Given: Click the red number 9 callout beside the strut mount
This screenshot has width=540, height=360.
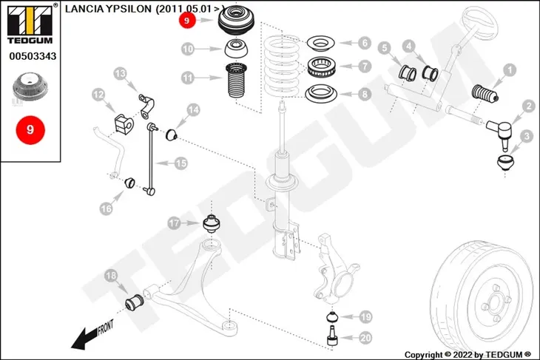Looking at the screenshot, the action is pos(187,20).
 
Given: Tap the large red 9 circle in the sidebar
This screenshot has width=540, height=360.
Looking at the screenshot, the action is pos(30,130).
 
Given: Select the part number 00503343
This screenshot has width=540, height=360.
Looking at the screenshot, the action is pos(33,56).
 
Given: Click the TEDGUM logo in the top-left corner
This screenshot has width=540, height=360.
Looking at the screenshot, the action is pos(30,24).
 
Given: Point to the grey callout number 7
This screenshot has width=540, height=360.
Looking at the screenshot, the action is pos(365,66).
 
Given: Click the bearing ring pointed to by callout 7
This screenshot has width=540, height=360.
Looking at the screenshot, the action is pos(321,67).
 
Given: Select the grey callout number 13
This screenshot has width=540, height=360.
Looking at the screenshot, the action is pos(120,74).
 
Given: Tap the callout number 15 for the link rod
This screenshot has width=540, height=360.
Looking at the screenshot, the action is pos(180,163).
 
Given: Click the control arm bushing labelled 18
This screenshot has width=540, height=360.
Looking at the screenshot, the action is pos(135,302).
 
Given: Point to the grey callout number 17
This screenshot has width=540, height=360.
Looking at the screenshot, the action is pos(175,223).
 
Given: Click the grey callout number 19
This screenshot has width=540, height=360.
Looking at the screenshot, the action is pos(365,316).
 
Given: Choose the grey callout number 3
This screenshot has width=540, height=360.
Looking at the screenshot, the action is pos(527,136).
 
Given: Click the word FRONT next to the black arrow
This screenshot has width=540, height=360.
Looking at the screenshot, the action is pos(105,327).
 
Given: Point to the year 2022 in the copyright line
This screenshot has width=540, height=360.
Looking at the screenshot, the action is pos(462,355).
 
